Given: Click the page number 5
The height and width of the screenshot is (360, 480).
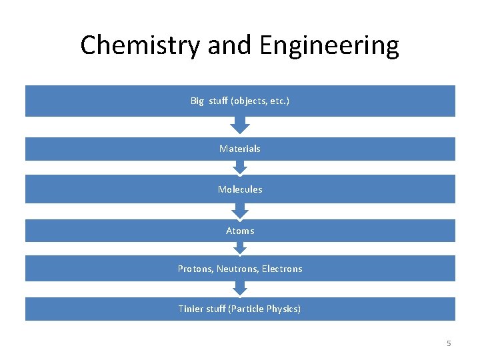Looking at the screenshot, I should (449, 343).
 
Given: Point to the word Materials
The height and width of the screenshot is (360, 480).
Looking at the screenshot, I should (240, 149).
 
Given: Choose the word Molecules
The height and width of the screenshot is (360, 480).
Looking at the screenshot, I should (240, 189).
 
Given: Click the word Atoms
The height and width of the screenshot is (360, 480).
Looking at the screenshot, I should (240, 231).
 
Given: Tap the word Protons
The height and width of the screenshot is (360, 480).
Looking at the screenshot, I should (194, 269).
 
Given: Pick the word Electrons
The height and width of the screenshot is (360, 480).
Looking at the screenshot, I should (282, 269).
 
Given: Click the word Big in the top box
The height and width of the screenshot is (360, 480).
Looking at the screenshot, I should (197, 101).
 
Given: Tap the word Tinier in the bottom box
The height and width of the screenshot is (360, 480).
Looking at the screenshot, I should (192, 309).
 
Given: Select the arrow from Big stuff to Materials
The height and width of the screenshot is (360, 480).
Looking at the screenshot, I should (240, 125).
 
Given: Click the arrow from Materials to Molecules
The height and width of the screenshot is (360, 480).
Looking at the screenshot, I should (240, 167).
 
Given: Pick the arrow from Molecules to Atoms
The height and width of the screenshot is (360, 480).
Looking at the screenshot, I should (240, 211).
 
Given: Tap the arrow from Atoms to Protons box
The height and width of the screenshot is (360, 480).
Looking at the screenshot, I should (240, 248).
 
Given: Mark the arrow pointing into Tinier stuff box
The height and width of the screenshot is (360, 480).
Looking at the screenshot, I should (240, 288).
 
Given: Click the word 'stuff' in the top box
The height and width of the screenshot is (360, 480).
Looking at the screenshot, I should (218, 101).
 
